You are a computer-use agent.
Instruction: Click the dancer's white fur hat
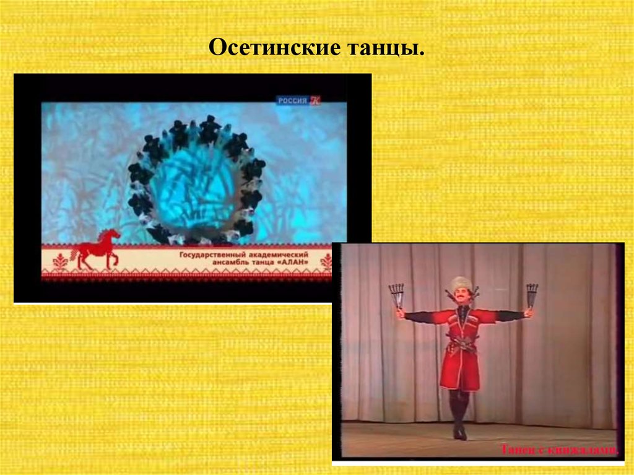coord(460,283)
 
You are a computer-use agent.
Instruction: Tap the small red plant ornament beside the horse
coord(61,262)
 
